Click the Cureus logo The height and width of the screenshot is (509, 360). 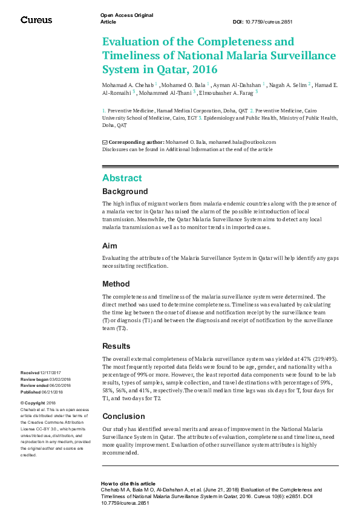36,20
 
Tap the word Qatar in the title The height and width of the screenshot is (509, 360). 154,69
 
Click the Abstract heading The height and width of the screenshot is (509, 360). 122,178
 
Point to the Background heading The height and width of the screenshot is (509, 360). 125,192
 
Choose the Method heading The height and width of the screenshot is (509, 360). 116,284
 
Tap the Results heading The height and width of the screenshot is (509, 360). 117,346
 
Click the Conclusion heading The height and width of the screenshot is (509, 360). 123,417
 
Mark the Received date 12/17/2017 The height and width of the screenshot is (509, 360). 52,373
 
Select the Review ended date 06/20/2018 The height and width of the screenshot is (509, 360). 61,385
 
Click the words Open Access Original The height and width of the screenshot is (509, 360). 126,15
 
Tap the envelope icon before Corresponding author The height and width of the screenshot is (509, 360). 105,142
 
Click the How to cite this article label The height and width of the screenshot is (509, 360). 128,484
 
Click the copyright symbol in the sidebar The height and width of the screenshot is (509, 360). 22,403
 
